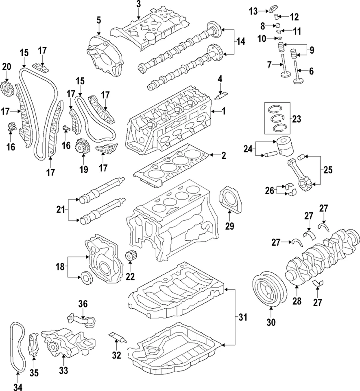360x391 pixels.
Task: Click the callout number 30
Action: click(x=271, y=323)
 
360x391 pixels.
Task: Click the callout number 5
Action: click(x=98, y=19)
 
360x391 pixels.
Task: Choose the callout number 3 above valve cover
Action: click(x=139, y=4)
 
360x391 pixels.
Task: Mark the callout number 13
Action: click(x=253, y=11)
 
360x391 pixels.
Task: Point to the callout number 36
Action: click(x=83, y=304)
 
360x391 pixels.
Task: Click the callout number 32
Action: click(x=117, y=355)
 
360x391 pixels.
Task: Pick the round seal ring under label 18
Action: click(x=87, y=277)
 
